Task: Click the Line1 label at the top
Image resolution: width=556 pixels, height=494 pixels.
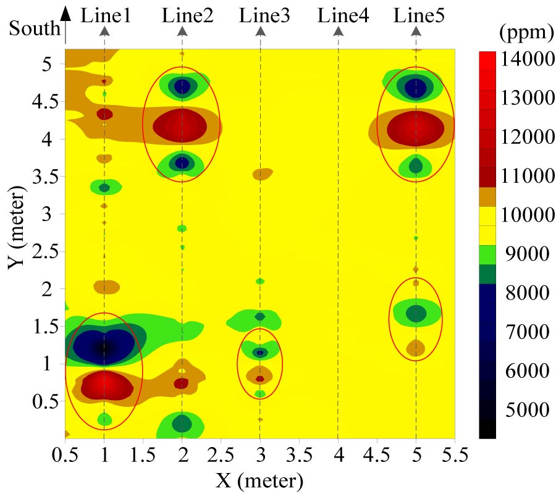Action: coord(106,15)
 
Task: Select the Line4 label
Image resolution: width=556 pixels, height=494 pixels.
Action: coord(343,15)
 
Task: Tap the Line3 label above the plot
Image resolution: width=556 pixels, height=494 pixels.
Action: coord(264,15)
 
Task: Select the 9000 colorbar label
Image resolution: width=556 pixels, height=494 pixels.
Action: coord(521,254)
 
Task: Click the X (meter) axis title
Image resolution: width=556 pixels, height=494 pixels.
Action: coord(259,479)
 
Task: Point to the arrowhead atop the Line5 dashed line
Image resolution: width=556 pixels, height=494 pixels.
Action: coord(416,31)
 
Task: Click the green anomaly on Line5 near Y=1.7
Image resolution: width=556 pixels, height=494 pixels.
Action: coord(416,314)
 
